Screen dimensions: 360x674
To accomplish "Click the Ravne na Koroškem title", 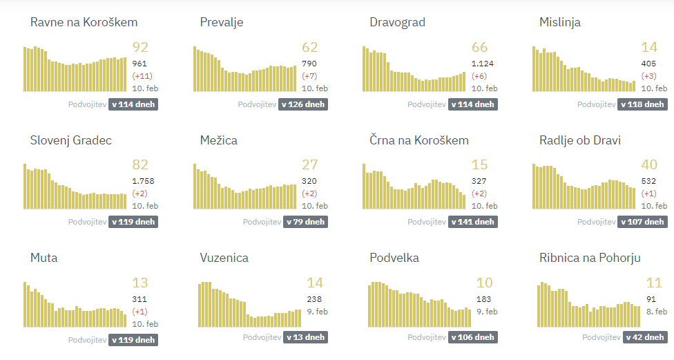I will (x=84, y=22).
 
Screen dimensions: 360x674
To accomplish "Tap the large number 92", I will (x=140, y=47).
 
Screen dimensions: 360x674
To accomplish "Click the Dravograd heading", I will (x=397, y=22).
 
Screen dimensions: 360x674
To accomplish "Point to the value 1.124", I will (x=483, y=64).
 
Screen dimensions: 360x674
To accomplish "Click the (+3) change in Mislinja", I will (x=649, y=76).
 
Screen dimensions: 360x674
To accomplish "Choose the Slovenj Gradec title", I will (x=71, y=140).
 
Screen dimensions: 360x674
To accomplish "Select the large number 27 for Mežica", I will (x=310, y=164).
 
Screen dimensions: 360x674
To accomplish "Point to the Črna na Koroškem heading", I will (x=419, y=140).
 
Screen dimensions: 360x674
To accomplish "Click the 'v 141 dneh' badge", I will (x=472, y=222).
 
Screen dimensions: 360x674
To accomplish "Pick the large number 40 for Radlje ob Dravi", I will (x=649, y=164).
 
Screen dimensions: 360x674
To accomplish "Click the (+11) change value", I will (x=144, y=76).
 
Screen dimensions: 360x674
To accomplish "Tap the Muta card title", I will (x=44, y=258).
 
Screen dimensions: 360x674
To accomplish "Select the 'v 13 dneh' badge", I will (x=303, y=337).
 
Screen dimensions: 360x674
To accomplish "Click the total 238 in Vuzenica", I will (x=314, y=299).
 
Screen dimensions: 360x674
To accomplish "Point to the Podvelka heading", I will (x=394, y=258).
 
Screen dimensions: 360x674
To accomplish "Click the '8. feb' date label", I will (x=657, y=312).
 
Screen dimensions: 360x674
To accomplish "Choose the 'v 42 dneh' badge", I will (x=644, y=337).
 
